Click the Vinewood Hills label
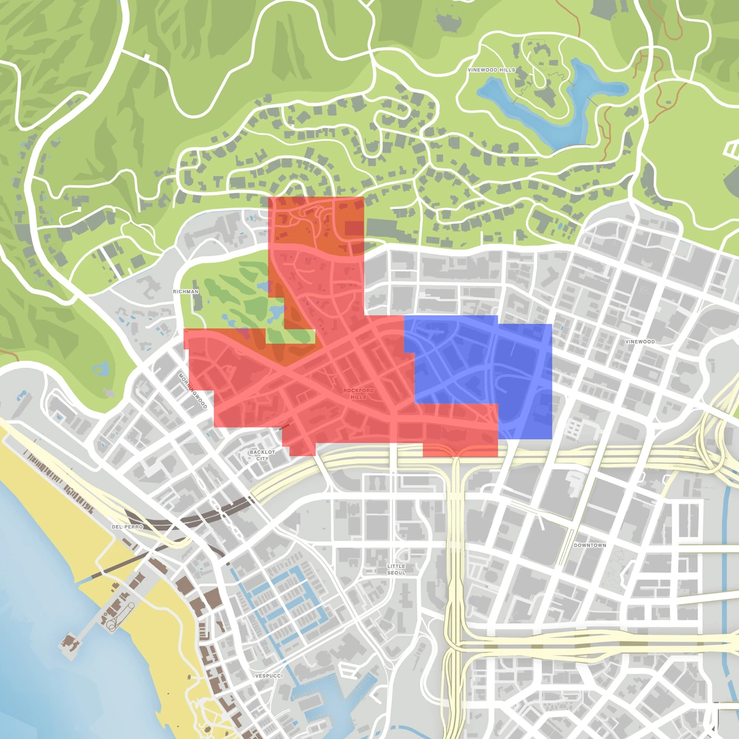click(x=491, y=70)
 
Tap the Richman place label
click(x=185, y=291)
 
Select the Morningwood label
click(x=193, y=390)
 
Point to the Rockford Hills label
click(x=358, y=394)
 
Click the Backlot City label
click(x=262, y=455)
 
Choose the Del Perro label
click(x=127, y=527)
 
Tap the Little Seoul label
click(x=397, y=569)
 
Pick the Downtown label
click(x=589, y=546)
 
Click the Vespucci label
click(x=269, y=676)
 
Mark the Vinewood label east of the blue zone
click(x=640, y=342)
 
